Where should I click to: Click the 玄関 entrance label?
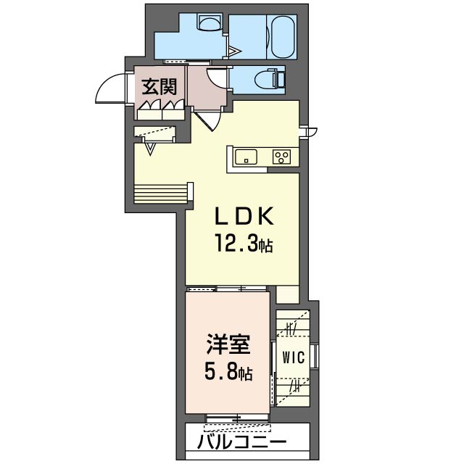[159, 87]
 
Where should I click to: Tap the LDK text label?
[244, 216]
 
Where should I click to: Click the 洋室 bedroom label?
[229, 344]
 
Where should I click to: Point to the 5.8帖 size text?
[228, 373]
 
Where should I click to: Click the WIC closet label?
[293, 357]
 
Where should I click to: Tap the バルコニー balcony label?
[242, 442]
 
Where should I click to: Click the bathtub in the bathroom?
[283, 37]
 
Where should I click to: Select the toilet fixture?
[269, 78]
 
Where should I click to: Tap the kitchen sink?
[246, 157]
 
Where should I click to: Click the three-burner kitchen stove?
[282, 157]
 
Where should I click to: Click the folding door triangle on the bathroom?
[235, 51]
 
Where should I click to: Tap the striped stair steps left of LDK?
[160, 194]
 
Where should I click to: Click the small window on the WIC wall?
[316, 356]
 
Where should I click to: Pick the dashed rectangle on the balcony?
[237, 428]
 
